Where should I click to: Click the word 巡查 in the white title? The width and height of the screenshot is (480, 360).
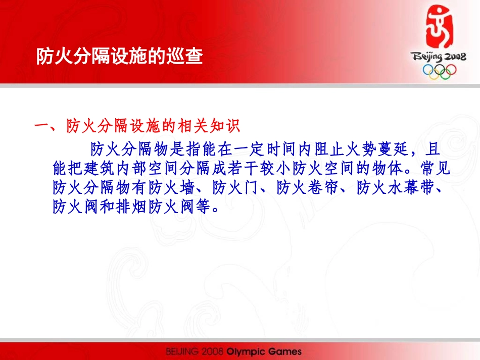click(184, 56)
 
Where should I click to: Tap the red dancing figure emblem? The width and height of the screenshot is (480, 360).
click(439, 27)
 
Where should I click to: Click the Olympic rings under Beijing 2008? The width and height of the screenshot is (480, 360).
click(439, 71)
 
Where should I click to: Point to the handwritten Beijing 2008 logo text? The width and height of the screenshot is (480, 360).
click(438, 57)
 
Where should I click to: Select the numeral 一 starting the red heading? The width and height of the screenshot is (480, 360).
click(41, 126)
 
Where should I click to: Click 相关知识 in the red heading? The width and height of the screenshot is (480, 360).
click(209, 126)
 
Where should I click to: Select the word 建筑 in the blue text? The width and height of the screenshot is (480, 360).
click(99, 168)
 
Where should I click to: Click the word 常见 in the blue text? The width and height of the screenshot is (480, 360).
click(435, 168)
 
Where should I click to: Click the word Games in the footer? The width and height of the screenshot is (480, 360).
click(284, 352)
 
